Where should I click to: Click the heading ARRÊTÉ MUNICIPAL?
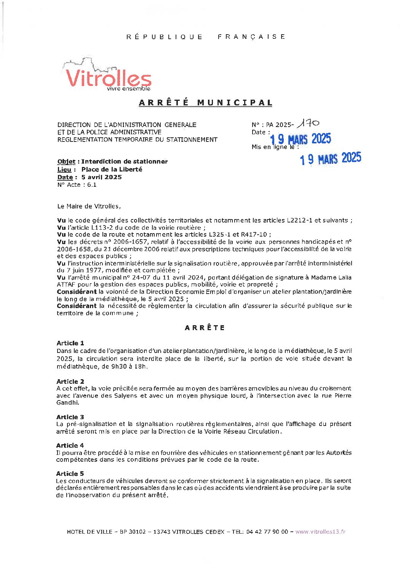click(x=206, y=103)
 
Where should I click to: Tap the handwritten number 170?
click(x=308, y=123)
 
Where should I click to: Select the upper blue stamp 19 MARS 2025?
click(x=301, y=139)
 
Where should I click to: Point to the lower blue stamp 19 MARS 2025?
click(x=330, y=159)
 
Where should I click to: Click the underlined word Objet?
click(x=66, y=162)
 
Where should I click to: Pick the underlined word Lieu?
click(x=64, y=170)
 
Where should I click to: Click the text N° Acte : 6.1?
click(x=77, y=185)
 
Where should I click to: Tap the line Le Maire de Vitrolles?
click(x=89, y=207)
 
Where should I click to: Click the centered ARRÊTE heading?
click(x=205, y=328)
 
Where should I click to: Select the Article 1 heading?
click(x=70, y=343)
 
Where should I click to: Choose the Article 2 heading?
click(x=70, y=381)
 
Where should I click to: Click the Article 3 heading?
click(x=70, y=417)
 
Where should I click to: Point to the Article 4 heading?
click(x=70, y=445)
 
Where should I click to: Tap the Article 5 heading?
click(x=70, y=474)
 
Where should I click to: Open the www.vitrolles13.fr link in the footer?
click(x=320, y=532)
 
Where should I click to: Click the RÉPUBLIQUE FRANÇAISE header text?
click(x=206, y=37)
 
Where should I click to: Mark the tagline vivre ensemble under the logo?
click(x=128, y=89)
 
